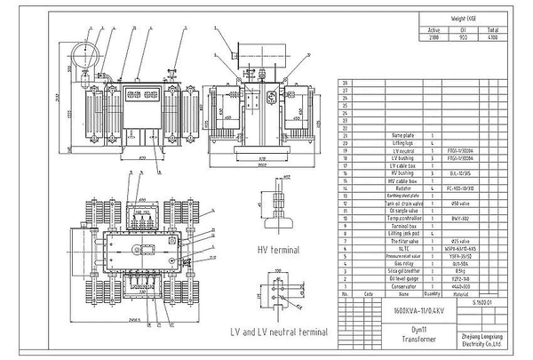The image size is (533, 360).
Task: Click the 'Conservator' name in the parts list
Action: click(403, 284)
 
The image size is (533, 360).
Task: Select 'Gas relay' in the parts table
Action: click(403, 264)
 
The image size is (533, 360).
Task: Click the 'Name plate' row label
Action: click(403, 134)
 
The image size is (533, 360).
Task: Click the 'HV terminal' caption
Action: click(277, 250)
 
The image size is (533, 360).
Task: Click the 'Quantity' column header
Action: click(432, 292)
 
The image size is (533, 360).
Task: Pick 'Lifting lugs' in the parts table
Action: click(403, 141)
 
